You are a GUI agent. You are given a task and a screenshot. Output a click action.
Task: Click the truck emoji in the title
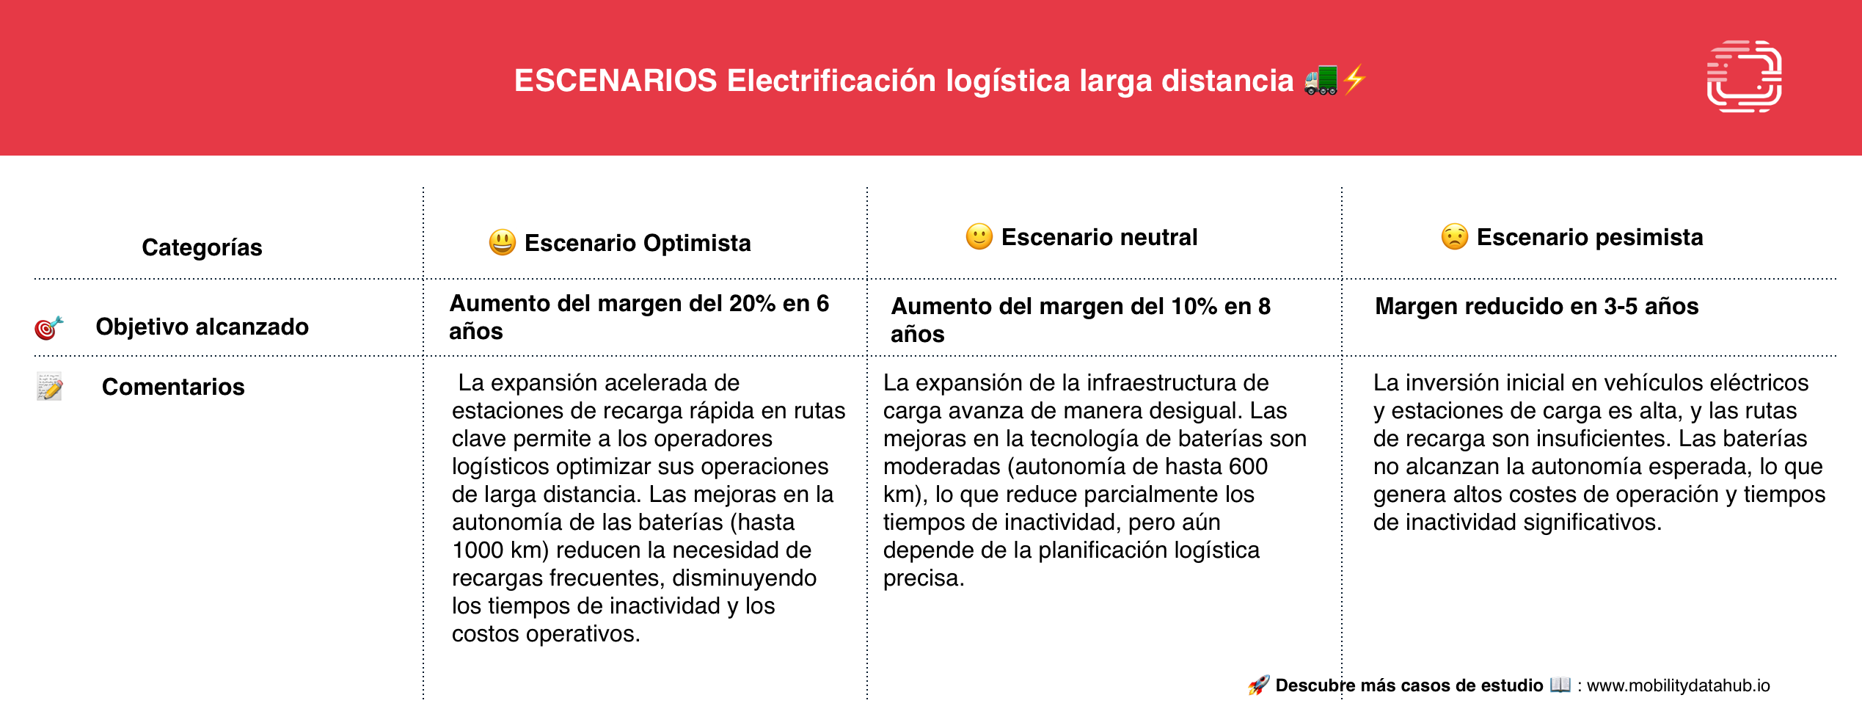(x=1321, y=80)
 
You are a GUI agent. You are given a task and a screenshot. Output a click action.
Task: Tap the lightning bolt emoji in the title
(x=1355, y=79)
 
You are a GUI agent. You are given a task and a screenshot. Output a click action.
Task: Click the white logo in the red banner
(x=1745, y=76)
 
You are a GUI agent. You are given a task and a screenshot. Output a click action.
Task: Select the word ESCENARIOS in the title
(x=616, y=81)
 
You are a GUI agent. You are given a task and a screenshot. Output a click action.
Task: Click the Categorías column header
(x=202, y=247)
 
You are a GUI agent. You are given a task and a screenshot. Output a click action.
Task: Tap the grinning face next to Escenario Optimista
(x=503, y=242)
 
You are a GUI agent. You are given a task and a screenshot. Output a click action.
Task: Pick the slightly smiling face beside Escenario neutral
(x=979, y=236)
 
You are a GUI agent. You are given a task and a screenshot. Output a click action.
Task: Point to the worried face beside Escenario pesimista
(x=1455, y=236)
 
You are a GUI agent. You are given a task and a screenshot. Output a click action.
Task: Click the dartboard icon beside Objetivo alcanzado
(x=49, y=327)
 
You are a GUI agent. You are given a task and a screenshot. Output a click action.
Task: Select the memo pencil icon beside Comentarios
(x=49, y=387)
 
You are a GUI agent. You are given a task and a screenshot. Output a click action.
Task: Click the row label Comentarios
(x=173, y=387)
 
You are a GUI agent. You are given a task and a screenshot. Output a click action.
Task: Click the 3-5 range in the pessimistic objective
(x=1620, y=306)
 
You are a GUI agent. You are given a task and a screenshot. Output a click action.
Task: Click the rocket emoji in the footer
(x=1259, y=685)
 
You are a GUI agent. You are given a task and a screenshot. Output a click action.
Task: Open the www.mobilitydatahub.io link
(x=1679, y=685)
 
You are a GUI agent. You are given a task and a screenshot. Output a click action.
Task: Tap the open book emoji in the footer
(x=1560, y=685)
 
